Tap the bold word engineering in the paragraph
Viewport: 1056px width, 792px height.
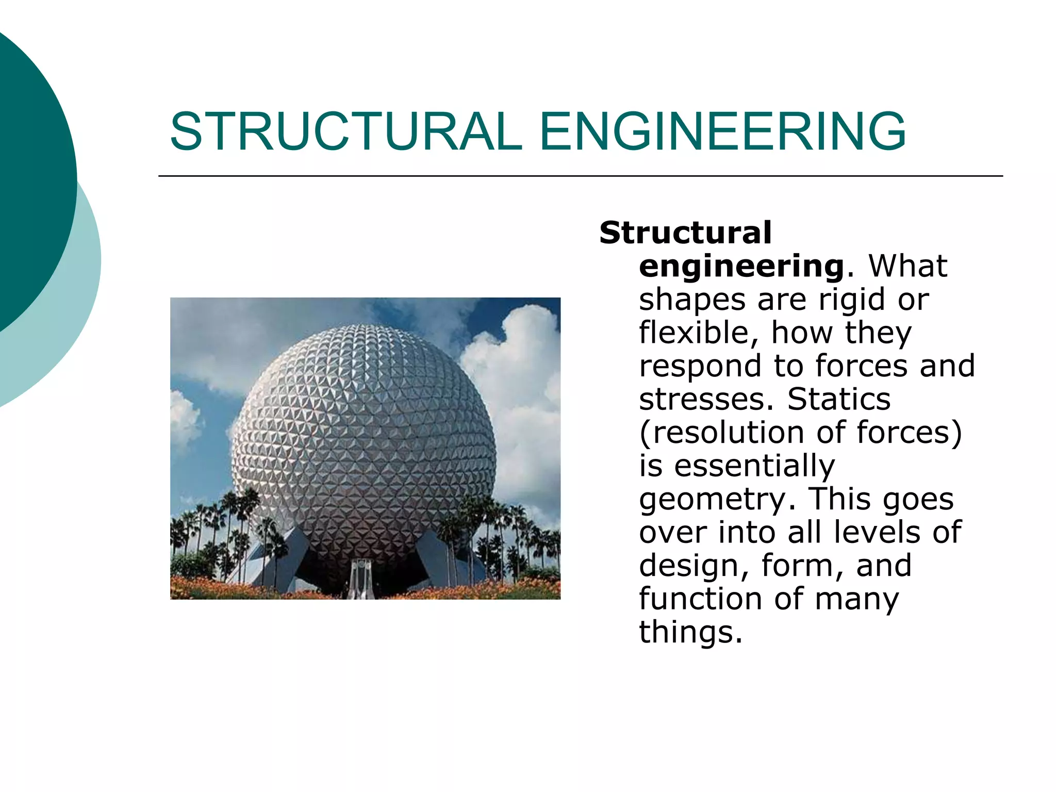coord(741,267)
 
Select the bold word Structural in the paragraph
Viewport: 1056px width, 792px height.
coord(685,233)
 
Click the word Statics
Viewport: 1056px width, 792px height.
coord(839,399)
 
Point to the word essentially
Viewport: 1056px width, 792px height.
coord(754,466)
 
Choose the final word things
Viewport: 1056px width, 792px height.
coord(690,632)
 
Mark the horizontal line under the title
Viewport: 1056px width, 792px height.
coord(580,176)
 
